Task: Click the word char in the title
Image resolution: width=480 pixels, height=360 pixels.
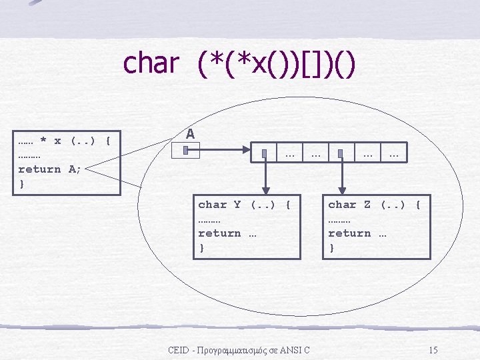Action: click(x=151, y=64)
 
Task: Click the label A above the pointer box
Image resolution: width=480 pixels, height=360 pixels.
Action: click(x=190, y=134)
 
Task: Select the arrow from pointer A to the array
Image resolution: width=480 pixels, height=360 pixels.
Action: click(x=227, y=151)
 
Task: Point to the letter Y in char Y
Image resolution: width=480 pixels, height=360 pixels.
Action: click(x=237, y=205)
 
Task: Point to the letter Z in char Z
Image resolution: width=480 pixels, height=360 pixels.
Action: click(x=367, y=205)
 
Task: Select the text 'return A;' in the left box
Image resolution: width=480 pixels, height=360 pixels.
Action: click(x=49, y=169)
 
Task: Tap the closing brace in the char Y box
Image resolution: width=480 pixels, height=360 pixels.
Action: click(x=201, y=248)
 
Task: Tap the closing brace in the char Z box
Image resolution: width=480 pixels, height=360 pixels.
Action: click(x=331, y=248)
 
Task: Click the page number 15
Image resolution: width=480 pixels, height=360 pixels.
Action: click(x=433, y=350)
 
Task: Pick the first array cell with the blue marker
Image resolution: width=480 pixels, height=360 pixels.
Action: click(x=265, y=153)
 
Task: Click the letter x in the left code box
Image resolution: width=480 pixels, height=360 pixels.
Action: click(x=57, y=141)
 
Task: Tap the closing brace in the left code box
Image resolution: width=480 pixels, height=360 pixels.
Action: click(x=22, y=183)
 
